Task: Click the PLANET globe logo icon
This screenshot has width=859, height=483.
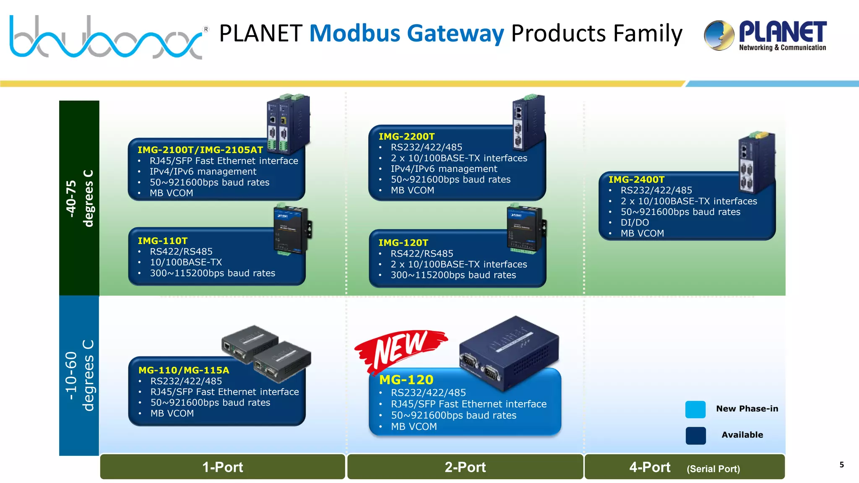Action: click(x=719, y=35)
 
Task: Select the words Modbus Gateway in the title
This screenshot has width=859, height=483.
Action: click(x=406, y=34)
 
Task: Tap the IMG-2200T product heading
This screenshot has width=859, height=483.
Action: click(x=406, y=137)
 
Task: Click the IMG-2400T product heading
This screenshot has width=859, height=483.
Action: click(x=636, y=180)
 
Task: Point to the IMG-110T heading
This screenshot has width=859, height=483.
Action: click(x=162, y=241)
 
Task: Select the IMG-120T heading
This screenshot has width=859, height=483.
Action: click(x=403, y=243)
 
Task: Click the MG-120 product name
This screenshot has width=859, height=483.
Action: click(x=406, y=380)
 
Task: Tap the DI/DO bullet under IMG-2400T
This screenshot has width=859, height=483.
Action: click(x=635, y=223)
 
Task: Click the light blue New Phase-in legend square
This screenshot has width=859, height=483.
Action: click(x=695, y=410)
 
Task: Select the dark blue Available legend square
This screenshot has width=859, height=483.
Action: click(x=695, y=436)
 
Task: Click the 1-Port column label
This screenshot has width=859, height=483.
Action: click(x=222, y=467)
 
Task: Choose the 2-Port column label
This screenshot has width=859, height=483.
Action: click(x=465, y=467)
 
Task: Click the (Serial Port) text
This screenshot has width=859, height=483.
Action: click(x=713, y=469)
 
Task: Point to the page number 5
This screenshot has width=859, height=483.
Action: click(x=841, y=465)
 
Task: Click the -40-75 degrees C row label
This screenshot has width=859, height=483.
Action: click(x=79, y=198)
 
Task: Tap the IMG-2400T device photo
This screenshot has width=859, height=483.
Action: click(x=756, y=163)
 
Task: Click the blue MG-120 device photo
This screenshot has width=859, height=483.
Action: click(x=510, y=352)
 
